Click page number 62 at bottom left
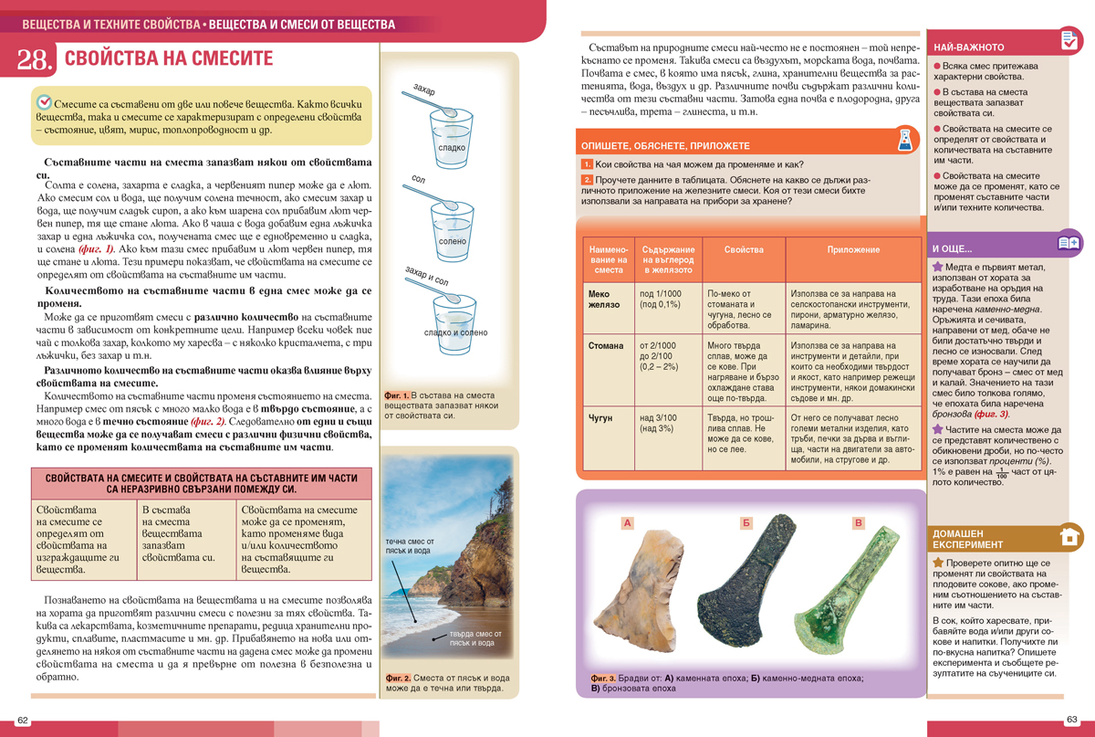pos(24,721)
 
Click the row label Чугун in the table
pos(600,417)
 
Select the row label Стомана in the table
pos(606,346)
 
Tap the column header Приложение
pos(853,249)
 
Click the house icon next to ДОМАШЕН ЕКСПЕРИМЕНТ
pos(1069,536)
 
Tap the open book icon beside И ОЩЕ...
pos(1069,243)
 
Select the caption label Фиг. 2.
pos(398,679)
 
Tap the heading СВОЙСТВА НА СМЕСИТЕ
pos(169,58)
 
